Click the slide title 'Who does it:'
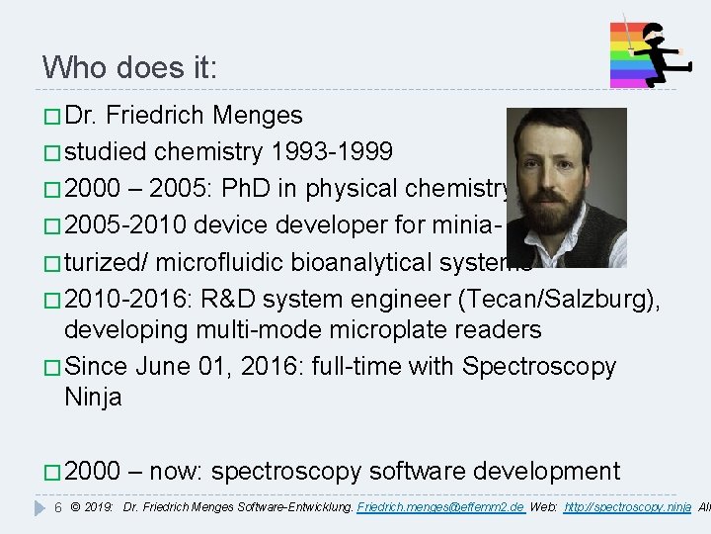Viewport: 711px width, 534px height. (129, 67)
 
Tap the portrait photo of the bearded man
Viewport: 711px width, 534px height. (566, 188)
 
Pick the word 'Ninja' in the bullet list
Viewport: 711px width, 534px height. (93, 398)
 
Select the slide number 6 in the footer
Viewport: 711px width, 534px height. (57, 507)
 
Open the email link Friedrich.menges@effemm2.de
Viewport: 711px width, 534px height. (440, 507)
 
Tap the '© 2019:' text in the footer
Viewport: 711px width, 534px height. (93, 507)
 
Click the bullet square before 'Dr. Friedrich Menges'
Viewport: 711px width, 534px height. (50, 117)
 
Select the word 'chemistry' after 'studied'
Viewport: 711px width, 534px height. (208, 152)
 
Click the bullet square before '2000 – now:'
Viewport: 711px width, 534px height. (50, 473)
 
